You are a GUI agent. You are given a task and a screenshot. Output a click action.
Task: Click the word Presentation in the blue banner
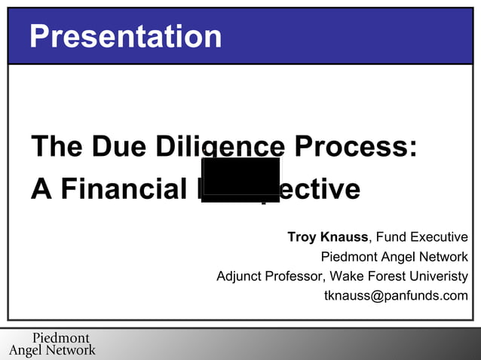pyautogui.click(x=125, y=36)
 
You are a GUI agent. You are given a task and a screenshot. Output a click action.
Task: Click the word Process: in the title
pyautogui.click(x=355, y=146)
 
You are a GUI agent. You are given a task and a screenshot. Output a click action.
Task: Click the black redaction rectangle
pyautogui.click(x=240, y=179)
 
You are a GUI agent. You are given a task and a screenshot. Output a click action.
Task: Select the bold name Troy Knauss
pyautogui.click(x=327, y=237)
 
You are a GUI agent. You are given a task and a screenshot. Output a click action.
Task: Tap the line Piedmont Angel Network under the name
pyautogui.click(x=394, y=257)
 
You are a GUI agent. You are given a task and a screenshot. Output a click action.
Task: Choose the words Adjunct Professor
pyautogui.click(x=270, y=276)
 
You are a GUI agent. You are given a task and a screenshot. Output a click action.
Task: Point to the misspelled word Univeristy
pyautogui.click(x=438, y=276)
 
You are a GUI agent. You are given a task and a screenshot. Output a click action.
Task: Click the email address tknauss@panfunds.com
pyautogui.click(x=396, y=295)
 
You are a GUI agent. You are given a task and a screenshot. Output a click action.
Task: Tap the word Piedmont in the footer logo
pyautogui.click(x=60, y=338)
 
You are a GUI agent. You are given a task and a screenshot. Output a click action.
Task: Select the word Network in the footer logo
pyautogui.click(x=71, y=350)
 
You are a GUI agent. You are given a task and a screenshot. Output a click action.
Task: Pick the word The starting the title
pyautogui.click(x=57, y=146)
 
